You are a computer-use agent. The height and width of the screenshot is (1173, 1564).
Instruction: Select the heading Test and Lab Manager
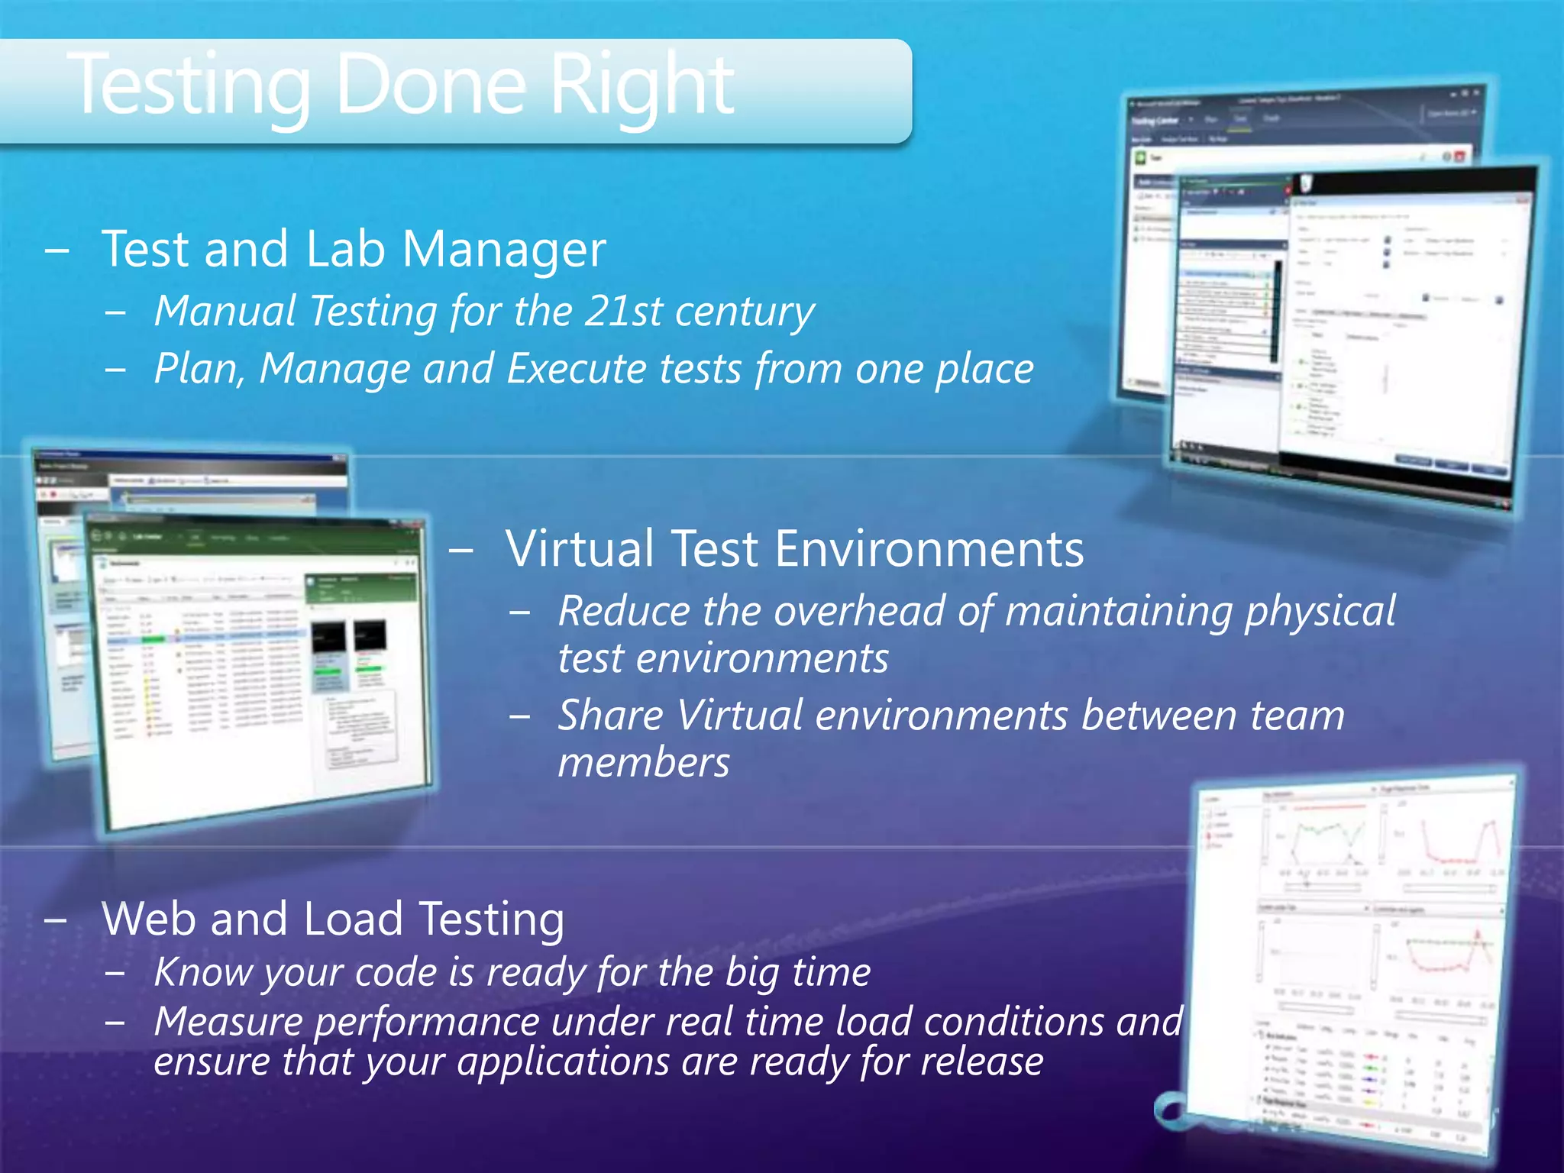(354, 249)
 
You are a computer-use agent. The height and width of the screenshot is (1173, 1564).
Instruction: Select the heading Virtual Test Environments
(794, 548)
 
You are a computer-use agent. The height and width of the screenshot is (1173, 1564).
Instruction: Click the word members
(644, 763)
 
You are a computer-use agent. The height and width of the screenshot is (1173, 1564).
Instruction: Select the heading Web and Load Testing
(333, 918)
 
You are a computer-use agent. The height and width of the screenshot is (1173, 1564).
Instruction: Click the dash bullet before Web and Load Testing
(55, 919)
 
